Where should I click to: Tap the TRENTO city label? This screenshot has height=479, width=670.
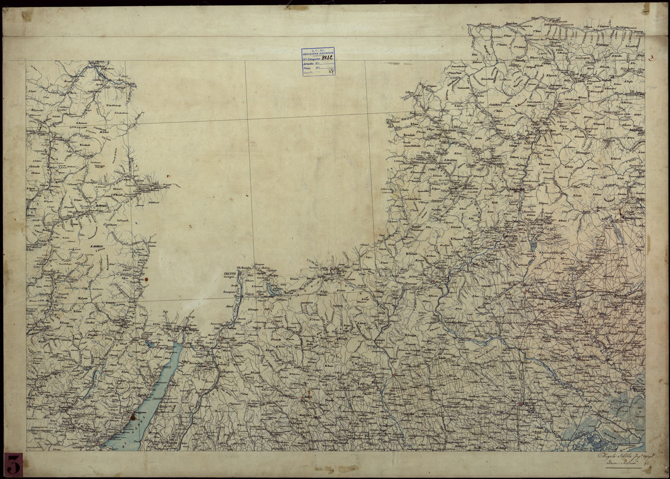click(230, 275)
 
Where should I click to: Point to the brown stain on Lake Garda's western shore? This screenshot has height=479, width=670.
click(133, 416)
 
